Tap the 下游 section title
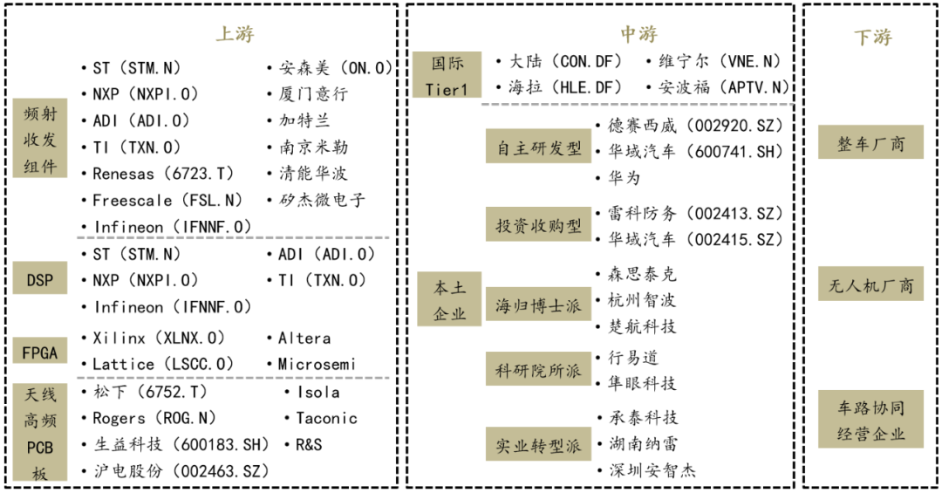click(872, 38)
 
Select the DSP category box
click(39, 280)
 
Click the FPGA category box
click(39, 353)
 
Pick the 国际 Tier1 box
click(447, 75)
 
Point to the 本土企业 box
click(449, 300)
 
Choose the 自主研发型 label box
click(538, 147)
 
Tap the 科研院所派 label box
click(538, 371)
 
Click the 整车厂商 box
click(870, 143)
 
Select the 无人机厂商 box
click(870, 284)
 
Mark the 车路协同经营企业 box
click(870, 421)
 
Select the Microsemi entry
click(317, 364)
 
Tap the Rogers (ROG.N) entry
click(154, 418)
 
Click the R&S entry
click(308, 444)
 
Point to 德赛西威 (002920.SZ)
click(695, 125)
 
